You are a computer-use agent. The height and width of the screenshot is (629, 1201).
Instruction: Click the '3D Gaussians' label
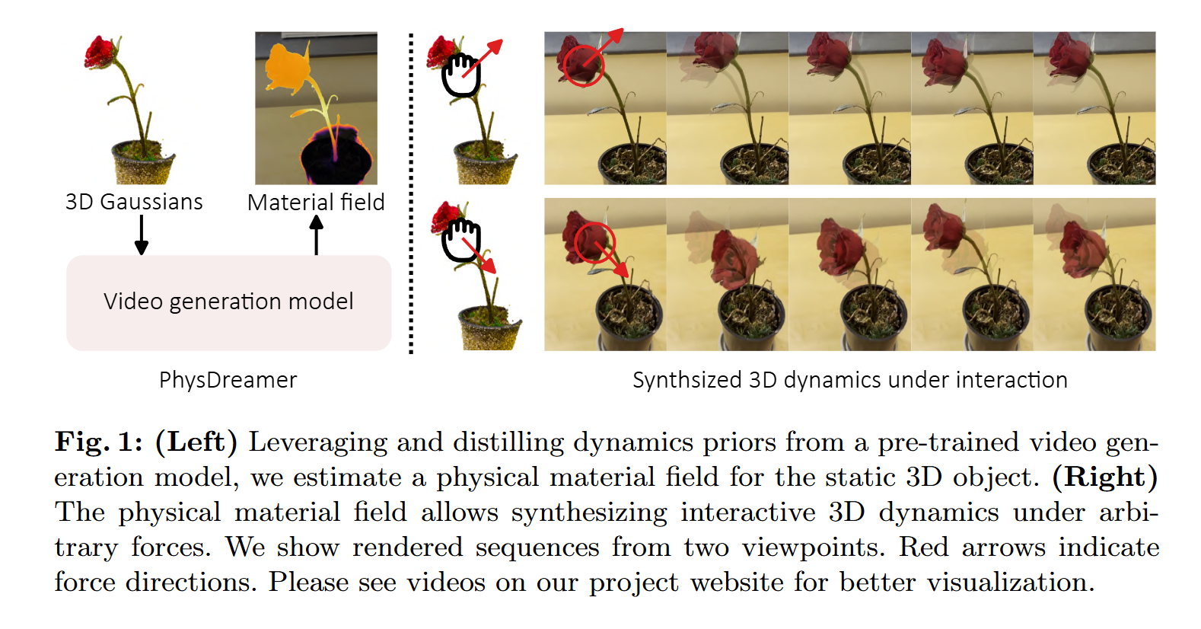[134, 202]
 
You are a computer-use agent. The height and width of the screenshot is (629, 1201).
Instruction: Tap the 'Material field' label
[316, 202]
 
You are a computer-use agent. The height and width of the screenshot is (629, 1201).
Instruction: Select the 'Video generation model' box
[229, 303]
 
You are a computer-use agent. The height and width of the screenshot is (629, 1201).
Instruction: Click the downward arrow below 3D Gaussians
[142, 235]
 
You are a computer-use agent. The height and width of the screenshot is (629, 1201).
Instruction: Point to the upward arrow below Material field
[317, 235]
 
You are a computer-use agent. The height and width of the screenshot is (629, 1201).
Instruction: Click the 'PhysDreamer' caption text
[228, 380]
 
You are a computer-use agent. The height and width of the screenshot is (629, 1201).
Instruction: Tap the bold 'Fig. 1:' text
[99, 442]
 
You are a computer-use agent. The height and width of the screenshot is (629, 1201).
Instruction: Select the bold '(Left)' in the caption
[196, 442]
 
